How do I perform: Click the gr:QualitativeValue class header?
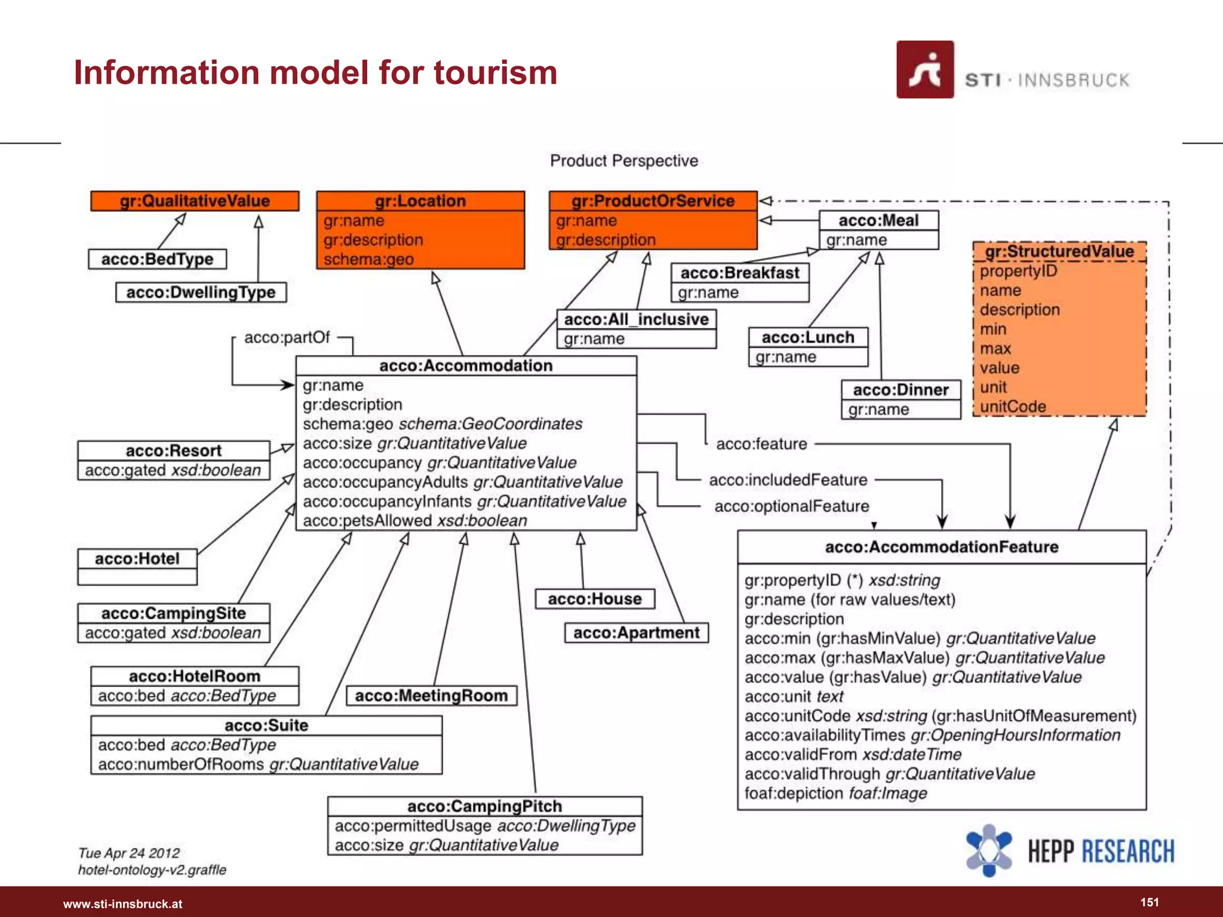pos(195,201)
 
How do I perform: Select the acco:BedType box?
pos(157,259)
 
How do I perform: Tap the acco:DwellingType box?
pos(201,293)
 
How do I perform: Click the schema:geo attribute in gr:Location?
pos(368,260)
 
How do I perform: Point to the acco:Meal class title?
pos(878,220)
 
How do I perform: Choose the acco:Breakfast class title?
pos(740,273)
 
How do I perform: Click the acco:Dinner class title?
pos(901,390)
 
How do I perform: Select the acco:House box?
pos(595,599)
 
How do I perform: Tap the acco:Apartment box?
pos(637,633)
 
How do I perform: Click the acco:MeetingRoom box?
pos(431,696)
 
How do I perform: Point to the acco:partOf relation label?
pos(287,337)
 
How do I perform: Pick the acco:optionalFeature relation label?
pos(792,506)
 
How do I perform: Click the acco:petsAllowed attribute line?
pos(414,521)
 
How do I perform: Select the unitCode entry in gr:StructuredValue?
pos(1013,407)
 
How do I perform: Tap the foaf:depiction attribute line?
pos(835,793)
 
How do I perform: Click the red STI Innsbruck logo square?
pos(925,69)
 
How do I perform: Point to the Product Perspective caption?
pos(624,161)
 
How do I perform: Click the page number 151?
pos(1150,902)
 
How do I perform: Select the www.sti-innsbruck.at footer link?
pos(122,904)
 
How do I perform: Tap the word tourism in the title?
pos(495,73)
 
